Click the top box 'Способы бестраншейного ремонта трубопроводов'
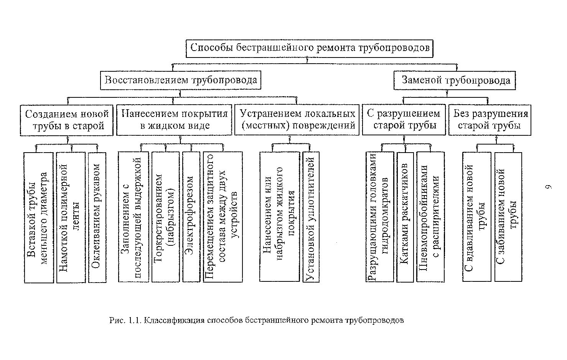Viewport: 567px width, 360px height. tap(310, 48)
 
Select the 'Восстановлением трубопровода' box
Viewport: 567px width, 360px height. tap(181, 80)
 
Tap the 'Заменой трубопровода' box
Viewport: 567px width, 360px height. tap(455, 81)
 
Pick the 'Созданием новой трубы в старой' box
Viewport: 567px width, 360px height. tap(67, 120)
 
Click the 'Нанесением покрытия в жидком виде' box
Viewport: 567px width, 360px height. tap(174, 120)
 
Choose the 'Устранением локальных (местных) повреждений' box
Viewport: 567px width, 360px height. tap(297, 120)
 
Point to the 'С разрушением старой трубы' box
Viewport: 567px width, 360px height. tap(404, 120)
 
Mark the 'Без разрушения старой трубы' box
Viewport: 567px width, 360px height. tap(490, 120)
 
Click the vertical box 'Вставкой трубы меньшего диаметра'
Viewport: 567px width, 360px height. tap(39, 217)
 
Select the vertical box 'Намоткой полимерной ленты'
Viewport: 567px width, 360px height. tap(71, 217)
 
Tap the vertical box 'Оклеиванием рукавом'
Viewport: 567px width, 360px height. tap(97, 217)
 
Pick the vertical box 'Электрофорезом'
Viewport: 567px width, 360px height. tap(191, 217)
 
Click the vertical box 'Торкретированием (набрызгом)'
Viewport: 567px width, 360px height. tap(165, 217)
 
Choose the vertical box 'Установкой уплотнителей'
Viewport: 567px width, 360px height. tap(311, 217)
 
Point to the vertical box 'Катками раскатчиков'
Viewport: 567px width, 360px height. tap(405, 217)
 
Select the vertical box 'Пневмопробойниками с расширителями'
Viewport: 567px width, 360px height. tap(430, 217)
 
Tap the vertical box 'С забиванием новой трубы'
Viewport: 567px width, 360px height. tap(508, 217)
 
